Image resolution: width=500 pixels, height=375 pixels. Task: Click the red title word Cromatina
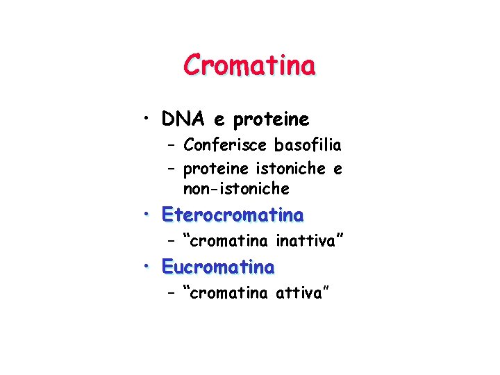pos(249,65)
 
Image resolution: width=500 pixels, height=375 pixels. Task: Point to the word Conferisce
pos(226,145)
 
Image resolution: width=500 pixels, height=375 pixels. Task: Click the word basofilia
pos(308,145)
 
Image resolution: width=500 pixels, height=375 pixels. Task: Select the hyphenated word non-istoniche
pos(236,189)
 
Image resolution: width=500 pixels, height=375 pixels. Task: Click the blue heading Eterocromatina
pos(232,215)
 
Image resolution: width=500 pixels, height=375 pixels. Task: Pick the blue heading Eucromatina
pos(218,266)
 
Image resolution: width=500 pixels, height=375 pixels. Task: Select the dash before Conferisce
pos(171,145)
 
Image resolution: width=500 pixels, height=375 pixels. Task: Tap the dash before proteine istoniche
pos(171,169)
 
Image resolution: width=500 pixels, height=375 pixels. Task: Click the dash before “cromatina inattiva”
pos(171,242)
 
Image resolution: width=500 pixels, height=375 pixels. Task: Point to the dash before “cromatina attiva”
pos(171,293)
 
